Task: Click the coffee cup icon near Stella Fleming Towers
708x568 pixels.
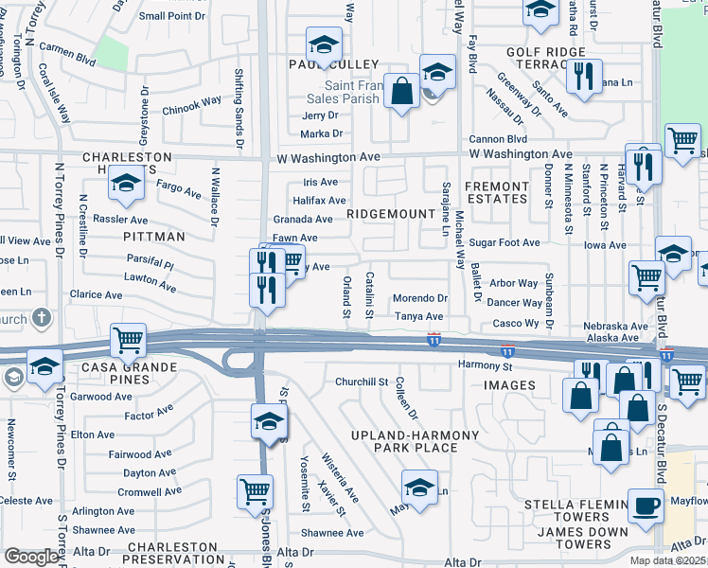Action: pos(646,505)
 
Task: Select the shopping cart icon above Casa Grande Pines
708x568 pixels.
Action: pos(128,339)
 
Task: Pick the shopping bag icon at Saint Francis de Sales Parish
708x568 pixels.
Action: pos(402,93)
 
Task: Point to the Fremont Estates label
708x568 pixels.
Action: pos(497,192)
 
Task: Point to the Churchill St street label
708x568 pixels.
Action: pos(362,382)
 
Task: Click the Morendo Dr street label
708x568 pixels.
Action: pos(419,298)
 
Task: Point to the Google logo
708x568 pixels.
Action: pos(32,557)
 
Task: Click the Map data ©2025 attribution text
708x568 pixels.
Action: pos(668,560)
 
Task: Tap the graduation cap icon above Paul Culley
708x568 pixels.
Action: pos(324,44)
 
